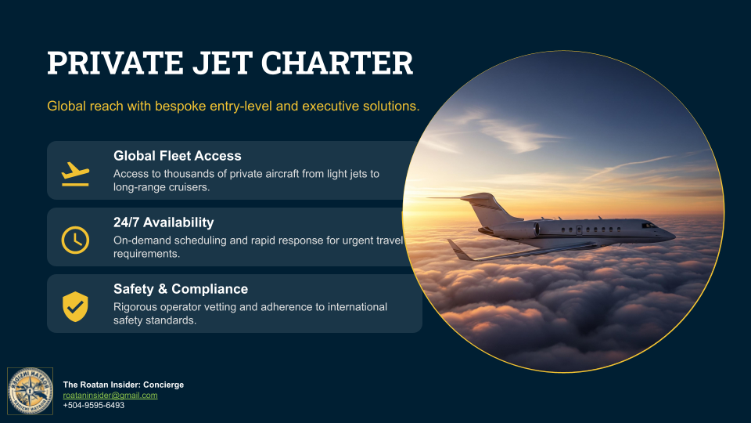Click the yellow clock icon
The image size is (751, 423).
click(x=75, y=238)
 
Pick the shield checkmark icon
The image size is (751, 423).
click(x=75, y=305)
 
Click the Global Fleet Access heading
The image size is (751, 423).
click(x=177, y=156)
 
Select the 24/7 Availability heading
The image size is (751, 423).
click(x=163, y=222)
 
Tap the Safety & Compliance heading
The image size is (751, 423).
click(x=181, y=289)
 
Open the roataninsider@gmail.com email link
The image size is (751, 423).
click(x=110, y=395)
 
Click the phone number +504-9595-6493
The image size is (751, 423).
click(x=94, y=405)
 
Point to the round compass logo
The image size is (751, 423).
click(x=31, y=391)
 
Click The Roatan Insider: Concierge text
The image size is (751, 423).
click(x=123, y=385)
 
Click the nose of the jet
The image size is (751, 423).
click(x=670, y=233)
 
